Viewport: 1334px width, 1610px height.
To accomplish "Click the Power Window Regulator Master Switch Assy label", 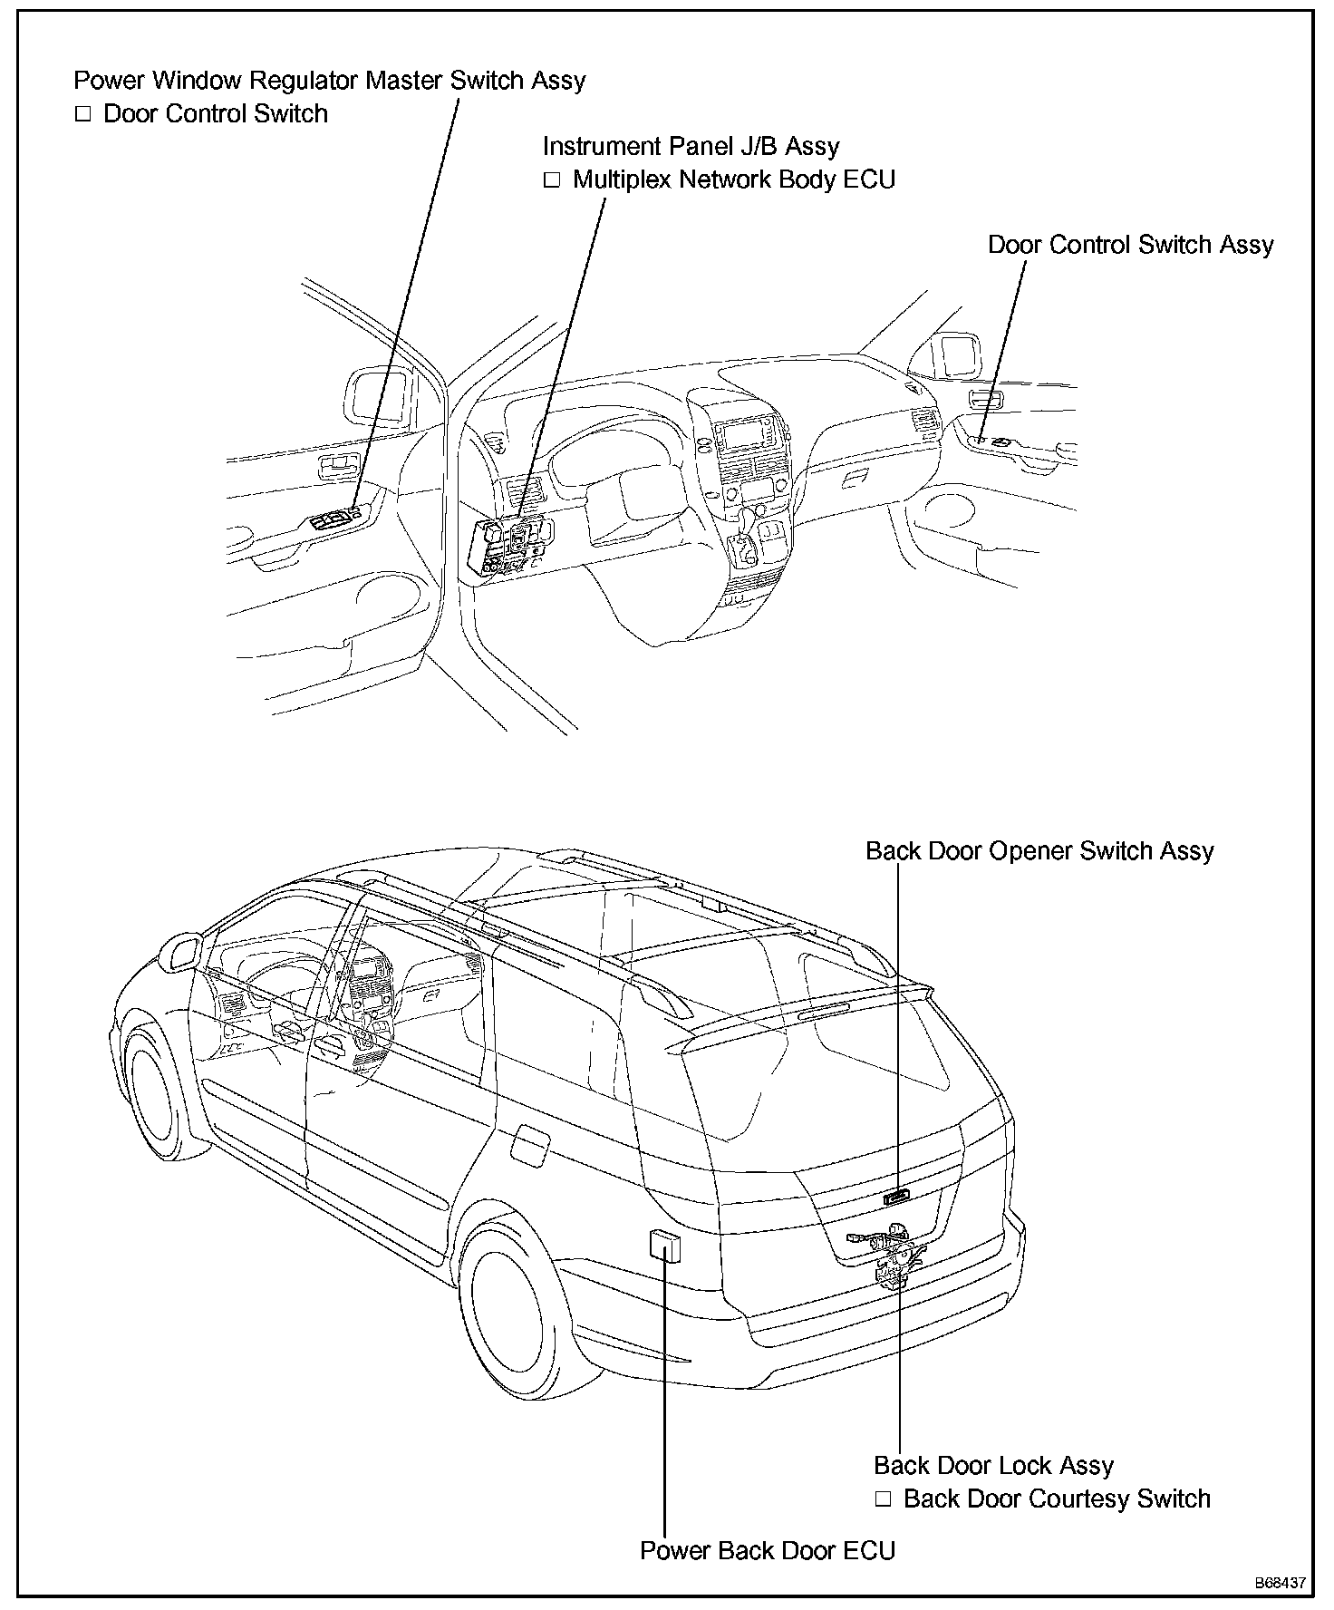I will pos(329,80).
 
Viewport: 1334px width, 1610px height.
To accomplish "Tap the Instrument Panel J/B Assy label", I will pos(691,146).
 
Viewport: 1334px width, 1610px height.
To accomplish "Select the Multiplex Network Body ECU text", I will pos(733,179).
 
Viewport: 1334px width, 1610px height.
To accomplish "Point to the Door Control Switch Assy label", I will pos(1130,245).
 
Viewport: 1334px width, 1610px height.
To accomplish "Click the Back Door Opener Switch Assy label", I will pos(1039,851).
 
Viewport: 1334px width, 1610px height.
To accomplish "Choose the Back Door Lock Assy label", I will pos(993,1466).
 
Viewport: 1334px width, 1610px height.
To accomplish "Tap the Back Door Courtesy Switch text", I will pos(1057,1499).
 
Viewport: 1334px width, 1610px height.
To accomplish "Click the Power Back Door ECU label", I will pos(767,1551).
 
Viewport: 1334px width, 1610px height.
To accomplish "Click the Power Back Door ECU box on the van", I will pos(664,1245).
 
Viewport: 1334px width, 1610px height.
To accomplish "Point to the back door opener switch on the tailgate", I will pos(896,1198).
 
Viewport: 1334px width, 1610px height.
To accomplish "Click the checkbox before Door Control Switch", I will pos(83,114).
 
